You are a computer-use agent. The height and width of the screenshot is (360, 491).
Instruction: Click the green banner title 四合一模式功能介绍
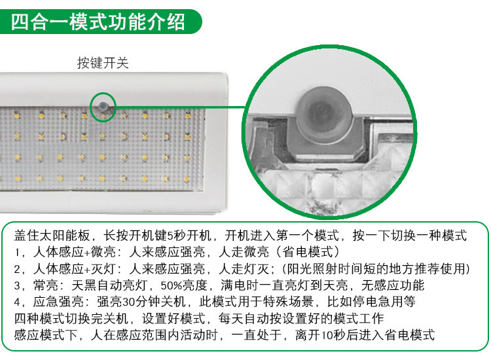[x=98, y=22]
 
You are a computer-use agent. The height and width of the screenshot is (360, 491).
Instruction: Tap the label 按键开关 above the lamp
[x=103, y=63]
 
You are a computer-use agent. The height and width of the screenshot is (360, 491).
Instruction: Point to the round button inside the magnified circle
[x=325, y=112]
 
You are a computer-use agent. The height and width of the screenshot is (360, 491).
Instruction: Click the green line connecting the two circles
[x=181, y=107]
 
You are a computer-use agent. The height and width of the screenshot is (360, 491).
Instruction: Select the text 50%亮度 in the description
[x=184, y=285]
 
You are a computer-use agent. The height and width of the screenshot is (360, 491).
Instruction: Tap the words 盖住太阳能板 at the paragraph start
[x=52, y=236]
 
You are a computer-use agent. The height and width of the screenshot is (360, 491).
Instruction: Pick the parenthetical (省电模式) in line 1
[x=308, y=252]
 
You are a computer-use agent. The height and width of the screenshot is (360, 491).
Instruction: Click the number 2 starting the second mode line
[x=17, y=269]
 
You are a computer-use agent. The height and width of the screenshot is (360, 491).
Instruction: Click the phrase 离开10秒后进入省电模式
[x=365, y=335]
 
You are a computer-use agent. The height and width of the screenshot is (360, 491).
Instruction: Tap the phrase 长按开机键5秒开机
[x=158, y=236]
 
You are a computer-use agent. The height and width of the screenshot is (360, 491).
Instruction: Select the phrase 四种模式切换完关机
[x=71, y=318]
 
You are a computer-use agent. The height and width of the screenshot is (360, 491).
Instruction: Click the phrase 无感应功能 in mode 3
[x=393, y=285]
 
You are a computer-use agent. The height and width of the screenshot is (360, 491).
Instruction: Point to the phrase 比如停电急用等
[x=371, y=302]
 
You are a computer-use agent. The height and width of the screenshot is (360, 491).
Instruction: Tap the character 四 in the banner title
[x=20, y=22]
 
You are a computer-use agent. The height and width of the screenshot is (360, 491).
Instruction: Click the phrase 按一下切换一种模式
[x=410, y=236]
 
